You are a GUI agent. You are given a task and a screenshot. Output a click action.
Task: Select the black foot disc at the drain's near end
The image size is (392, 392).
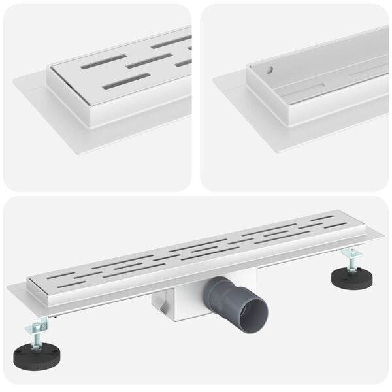click(37, 356)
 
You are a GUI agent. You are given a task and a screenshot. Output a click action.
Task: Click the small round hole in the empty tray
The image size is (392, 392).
click(268, 69)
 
